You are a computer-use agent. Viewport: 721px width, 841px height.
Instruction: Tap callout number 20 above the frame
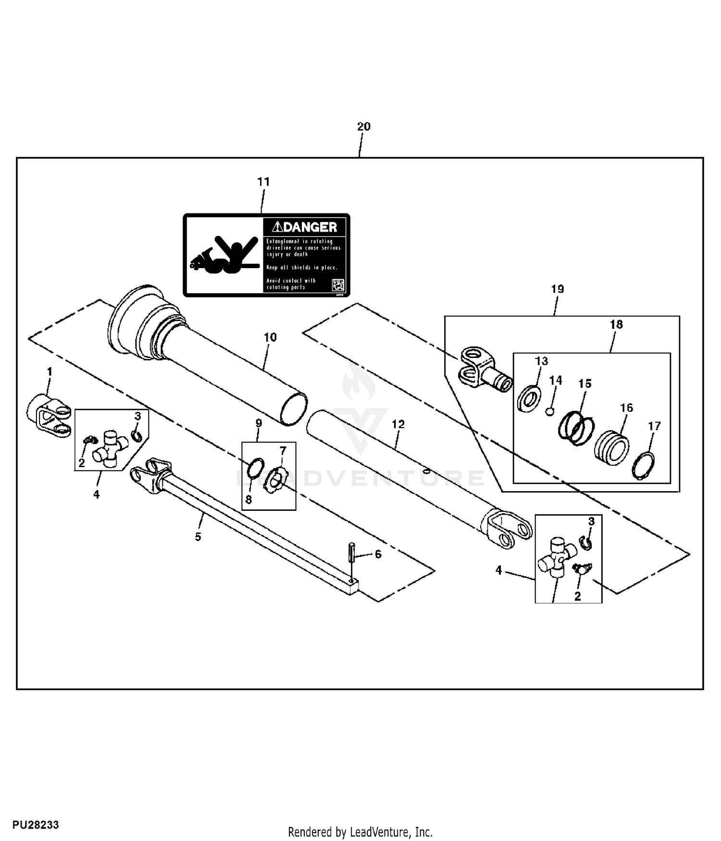pos(364,126)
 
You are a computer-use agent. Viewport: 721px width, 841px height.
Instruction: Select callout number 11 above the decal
pos(263,182)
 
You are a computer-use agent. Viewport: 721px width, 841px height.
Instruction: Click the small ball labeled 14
pos(551,411)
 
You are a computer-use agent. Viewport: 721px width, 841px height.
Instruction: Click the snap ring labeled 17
pos(643,466)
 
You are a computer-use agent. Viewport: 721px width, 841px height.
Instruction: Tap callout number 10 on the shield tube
pos(270,337)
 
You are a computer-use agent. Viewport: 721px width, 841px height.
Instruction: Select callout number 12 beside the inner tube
pos(398,424)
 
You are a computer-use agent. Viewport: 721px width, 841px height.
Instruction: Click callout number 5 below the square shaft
pos(198,537)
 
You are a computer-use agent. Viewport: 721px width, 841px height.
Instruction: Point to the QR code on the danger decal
pos(338,284)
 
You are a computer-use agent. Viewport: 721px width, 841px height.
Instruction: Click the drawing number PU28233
pos(36,825)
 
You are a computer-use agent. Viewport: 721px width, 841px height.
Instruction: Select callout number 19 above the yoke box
pos(557,289)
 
